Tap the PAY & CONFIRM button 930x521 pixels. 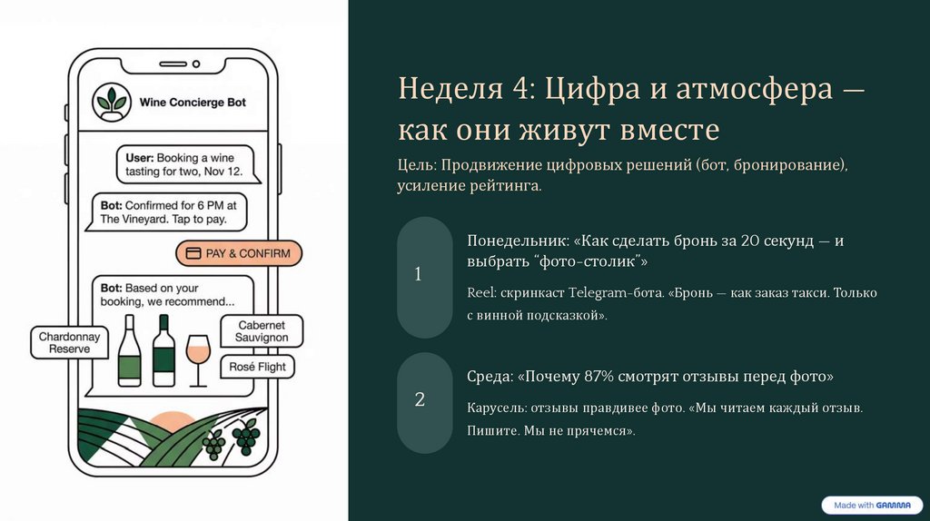coord(239,253)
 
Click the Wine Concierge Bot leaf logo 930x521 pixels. coord(113,103)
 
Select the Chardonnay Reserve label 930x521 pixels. coord(70,342)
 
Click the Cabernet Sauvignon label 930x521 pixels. coord(262,331)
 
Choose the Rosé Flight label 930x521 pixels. coord(259,367)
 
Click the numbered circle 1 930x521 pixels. coord(418,274)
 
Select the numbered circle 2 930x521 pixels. coord(420,399)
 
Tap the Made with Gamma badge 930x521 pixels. coord(870,505)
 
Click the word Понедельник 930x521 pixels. coord(518,241)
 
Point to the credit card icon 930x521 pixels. coord(193,253)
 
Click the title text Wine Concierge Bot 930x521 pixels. coord(193,103)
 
